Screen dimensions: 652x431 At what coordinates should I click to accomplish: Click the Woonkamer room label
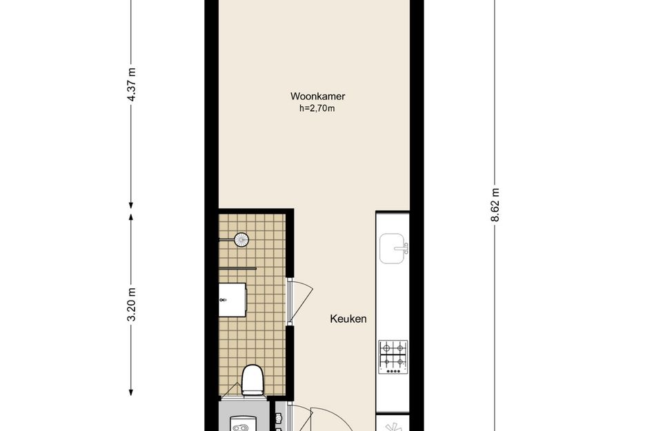tap(317, 97)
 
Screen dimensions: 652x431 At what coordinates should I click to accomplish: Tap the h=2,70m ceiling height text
tap(317, 109)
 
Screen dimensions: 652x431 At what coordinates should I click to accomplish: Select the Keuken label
tap(348, 319)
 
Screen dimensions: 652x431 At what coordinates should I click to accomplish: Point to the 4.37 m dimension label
tap(131, 84)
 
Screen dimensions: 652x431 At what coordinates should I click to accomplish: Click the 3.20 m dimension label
tap(131, 304)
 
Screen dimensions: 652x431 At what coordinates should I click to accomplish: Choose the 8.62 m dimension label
tap(495, 205)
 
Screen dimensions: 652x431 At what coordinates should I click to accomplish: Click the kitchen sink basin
tap(391, 248)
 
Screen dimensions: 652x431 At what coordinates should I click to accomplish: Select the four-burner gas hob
tap(393, 357)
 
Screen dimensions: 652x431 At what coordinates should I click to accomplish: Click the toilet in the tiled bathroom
tap(253, 380)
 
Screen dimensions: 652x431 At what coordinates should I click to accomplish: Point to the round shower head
tap(241, 240)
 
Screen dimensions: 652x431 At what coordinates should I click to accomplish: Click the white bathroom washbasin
tap(233, 300)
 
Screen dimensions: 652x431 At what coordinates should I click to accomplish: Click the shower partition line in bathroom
tap(237, 268)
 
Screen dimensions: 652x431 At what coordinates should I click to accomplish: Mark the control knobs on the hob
tap(393, 371)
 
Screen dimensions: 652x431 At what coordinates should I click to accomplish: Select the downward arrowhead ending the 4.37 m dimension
tap(131, 205)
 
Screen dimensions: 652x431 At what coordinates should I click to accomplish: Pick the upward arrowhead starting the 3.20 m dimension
tap(131, 217)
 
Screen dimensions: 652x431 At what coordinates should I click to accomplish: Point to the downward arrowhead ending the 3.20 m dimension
tap(131, 392)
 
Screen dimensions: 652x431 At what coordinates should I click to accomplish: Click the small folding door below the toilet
tap(231, 390)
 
